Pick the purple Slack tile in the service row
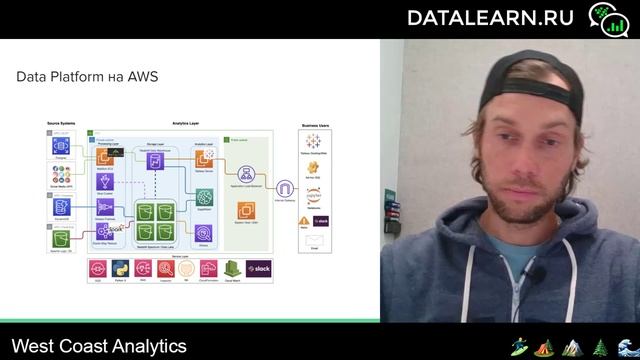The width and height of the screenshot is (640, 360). coord(263,268)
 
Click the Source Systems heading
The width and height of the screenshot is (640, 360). coord(61,123)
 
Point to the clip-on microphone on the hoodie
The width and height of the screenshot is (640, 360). coord(536,273)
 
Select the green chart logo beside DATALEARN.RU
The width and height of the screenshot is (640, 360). coord(605,17)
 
